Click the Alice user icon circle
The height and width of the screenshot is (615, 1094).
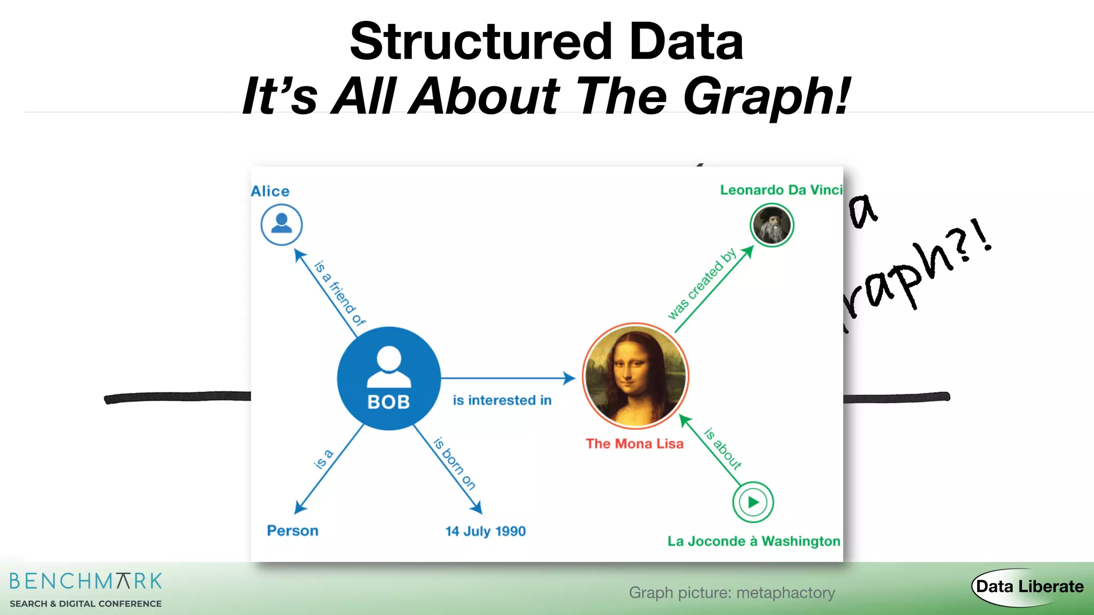[x=282, y=225]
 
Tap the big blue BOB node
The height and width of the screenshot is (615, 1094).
[x=389, y=379]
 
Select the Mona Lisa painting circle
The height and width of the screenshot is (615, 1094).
[x=635, y=376]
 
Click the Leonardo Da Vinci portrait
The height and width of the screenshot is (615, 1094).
[x=771, y=225]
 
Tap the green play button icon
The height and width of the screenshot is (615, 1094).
[x=753, y=502]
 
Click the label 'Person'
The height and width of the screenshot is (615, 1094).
[x=293, y=531]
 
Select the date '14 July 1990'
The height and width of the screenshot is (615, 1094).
[x=486, y=531]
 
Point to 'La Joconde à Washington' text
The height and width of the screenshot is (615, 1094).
[x=754, y=541]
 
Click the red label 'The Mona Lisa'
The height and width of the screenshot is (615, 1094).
[x=635, y=444]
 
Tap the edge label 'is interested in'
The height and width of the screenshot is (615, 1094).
[x=502, y=400]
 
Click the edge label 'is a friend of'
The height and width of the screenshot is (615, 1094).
[x=340, y=293]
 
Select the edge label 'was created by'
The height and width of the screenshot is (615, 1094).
[x=702, y=284]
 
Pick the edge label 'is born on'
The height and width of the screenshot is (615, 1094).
[x=454, y=463]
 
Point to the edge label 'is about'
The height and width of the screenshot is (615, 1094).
[x=723, y=448]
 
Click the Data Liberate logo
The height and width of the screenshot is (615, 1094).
[x=1029, y=587]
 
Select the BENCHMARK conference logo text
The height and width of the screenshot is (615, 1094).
[x=85, y=581]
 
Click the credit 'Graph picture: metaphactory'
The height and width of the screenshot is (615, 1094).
[x=732, y=593]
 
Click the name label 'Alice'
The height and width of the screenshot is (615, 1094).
[x=270, y=191]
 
